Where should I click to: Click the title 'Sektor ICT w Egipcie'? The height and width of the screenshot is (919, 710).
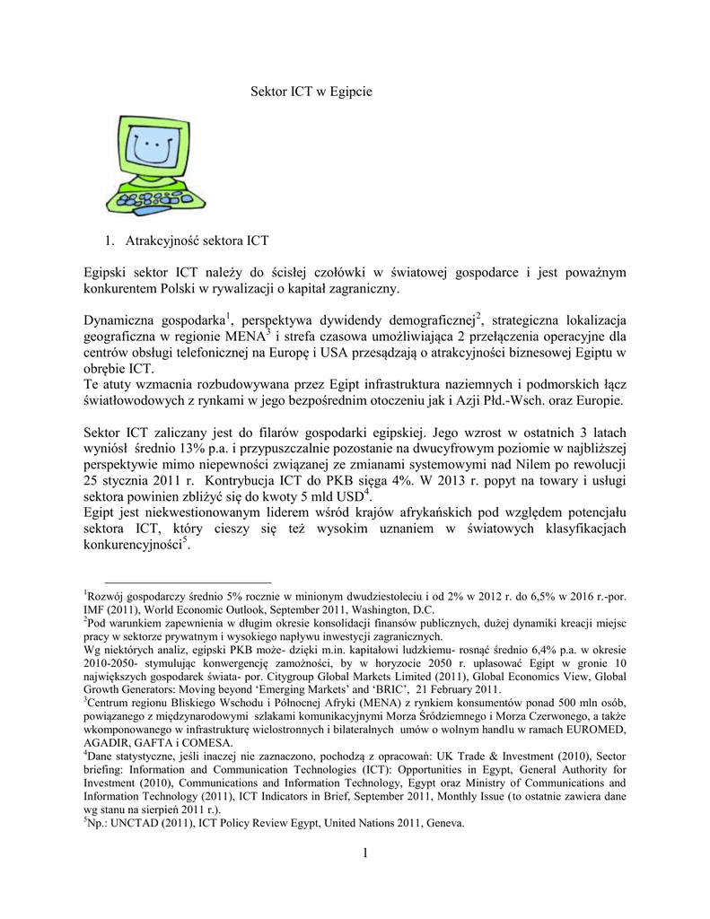click(x=310, y=92)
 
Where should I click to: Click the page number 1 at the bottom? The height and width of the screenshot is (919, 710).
click(x=367, y=853)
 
